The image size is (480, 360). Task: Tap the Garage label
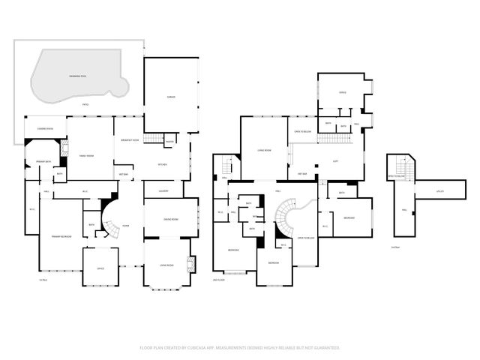tap(170, 97)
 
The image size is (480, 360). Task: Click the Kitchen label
tap(162, 164)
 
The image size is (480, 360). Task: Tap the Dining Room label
tap(170, 218)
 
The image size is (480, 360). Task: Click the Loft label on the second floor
tap(336, 161)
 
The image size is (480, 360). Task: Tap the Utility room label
tap(440, 191)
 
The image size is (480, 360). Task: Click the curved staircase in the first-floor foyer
tap(111, 221)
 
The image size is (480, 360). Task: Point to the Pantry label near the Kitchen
tap(169, 142)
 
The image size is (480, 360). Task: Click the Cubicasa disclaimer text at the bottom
tap(240, 348)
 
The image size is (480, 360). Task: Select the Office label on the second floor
tap(342, 92)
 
